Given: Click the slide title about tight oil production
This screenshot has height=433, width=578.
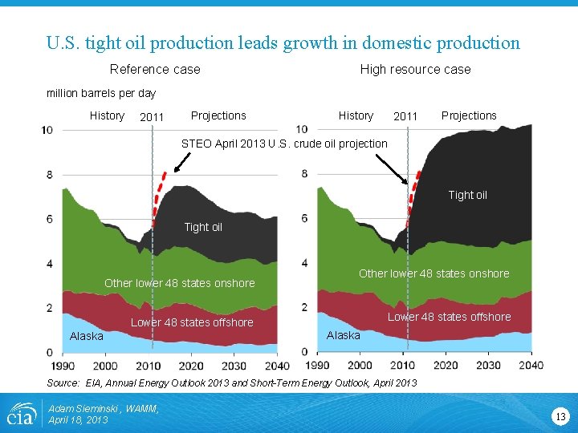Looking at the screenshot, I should (283, 43).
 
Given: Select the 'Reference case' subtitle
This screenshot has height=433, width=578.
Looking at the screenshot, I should (155, 70).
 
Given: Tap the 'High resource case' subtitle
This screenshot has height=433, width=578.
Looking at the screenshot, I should (415, 70).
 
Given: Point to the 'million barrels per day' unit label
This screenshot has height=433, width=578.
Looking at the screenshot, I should (101, 93).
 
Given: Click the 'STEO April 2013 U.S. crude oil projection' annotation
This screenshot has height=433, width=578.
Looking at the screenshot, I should (284, 144).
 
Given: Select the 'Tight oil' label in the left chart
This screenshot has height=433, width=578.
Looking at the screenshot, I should (203, 227).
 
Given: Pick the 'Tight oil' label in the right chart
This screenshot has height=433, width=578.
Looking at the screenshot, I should (467, 195).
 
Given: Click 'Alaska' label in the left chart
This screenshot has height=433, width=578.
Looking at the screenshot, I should (86, 336).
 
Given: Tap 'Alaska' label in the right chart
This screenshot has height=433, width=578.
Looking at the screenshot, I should (344, 335).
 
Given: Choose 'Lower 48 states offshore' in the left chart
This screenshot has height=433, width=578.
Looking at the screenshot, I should (192, 322).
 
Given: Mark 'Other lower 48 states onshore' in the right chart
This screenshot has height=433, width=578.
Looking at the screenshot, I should (433, 273).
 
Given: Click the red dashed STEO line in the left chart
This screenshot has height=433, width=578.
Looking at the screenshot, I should (160, 192).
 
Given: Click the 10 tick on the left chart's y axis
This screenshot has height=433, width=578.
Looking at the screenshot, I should (47, 130).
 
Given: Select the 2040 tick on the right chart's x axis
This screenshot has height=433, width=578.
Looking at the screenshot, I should (530, 366).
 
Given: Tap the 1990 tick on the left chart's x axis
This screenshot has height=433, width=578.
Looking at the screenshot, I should (61, 366).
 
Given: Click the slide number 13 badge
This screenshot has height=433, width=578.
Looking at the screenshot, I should (560, 415).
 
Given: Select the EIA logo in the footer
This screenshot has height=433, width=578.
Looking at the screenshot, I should (20, 414).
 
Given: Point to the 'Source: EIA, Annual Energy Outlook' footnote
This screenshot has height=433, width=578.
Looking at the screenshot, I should (232, 383).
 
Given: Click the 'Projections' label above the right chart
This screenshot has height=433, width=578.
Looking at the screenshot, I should (469, 115).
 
